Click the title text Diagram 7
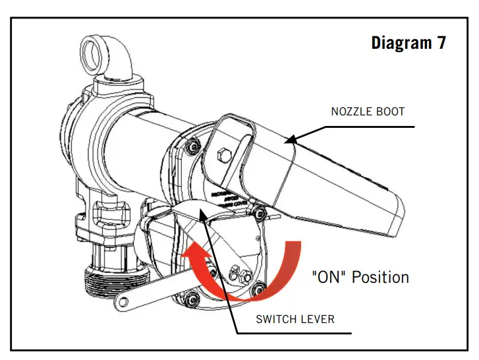coord(408,44)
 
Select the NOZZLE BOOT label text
coord(367,111)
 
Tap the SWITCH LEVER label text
coord(295,319)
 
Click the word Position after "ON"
coord(380,276)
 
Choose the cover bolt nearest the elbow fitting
coord(193,146)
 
